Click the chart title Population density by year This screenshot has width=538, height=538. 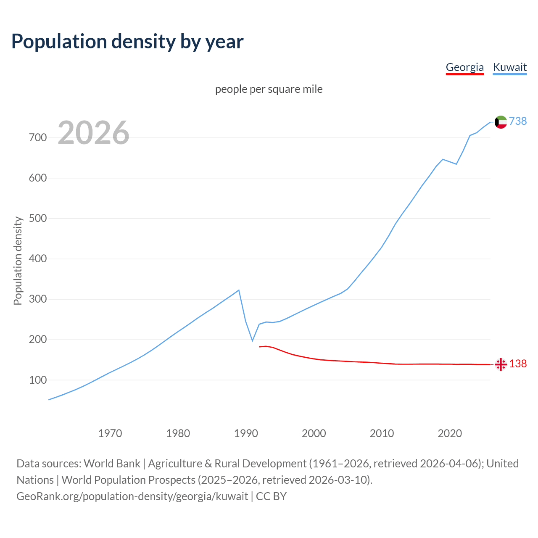tap(127, 42)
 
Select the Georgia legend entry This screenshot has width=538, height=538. tap(464, 67)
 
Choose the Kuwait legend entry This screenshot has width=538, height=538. tap(509, 67)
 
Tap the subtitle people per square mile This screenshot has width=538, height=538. tap(269, 90)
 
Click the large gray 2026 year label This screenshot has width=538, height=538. tap(93, 133)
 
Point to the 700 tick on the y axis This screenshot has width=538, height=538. tap(37, 138)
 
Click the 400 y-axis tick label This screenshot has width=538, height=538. tap(37, 259)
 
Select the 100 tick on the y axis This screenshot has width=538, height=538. tap(37, 380)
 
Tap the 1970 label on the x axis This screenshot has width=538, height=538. tap(110, 433)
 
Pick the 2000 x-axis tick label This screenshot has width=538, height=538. tap(314, 433)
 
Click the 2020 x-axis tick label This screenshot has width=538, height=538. tap(450, 433)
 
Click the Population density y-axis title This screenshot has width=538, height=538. tap(18, 261)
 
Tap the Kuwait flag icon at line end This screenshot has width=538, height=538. tap(501, 122)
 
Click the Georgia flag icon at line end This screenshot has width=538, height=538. tap(501, 364)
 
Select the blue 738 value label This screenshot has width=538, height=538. tap(518, 121)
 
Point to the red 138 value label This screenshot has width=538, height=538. tap(518, 364)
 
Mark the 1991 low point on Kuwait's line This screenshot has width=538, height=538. tap(253, 340)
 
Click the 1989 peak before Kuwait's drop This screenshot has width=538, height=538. tap(239, 290)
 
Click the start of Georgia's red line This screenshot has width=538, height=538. tap(260, 347)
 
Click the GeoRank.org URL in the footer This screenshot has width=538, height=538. tap(132, 496)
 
